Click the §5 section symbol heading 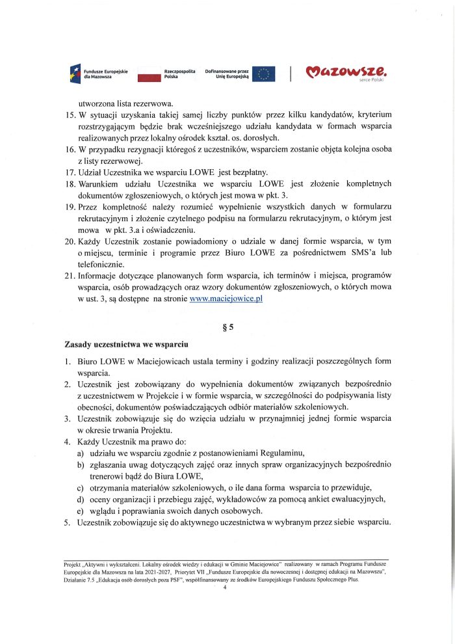click(227, 327)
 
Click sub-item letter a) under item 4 click(81, 452)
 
